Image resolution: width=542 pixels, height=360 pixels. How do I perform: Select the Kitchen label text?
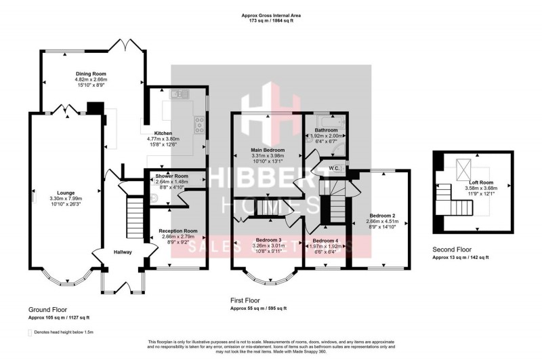click(163, 134)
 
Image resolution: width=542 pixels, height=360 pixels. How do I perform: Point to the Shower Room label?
click(171, 176)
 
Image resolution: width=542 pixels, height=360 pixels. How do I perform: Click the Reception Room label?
click(178, 231)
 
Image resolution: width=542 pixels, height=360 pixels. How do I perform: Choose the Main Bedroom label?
click(269, 150)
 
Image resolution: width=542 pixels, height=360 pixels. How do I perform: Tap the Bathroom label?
click(325, 130)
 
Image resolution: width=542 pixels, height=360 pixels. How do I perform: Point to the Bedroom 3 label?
click(268, 240)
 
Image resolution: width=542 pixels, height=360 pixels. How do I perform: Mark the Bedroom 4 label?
click(325, 241)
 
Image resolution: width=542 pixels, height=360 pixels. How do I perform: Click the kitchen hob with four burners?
click(201, 122)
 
